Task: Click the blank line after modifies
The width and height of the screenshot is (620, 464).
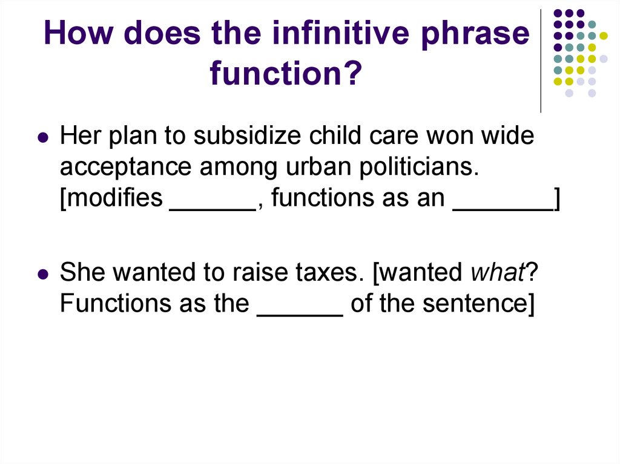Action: tap(213, 209)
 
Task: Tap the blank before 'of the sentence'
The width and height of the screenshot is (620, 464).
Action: tap(300, 315)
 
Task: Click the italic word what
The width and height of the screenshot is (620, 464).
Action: tap(497, 272)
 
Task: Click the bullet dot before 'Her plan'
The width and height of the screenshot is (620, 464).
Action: tap(43, 137)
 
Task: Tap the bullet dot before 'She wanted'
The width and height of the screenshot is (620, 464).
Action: tap(43, 273)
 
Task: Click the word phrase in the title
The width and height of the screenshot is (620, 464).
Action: tap(475, 34)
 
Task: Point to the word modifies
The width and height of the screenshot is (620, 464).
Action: tap(111, 197)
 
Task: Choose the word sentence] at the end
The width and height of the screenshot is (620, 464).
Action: tap(478, 304)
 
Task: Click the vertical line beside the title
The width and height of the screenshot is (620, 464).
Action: tap(541, 61)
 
